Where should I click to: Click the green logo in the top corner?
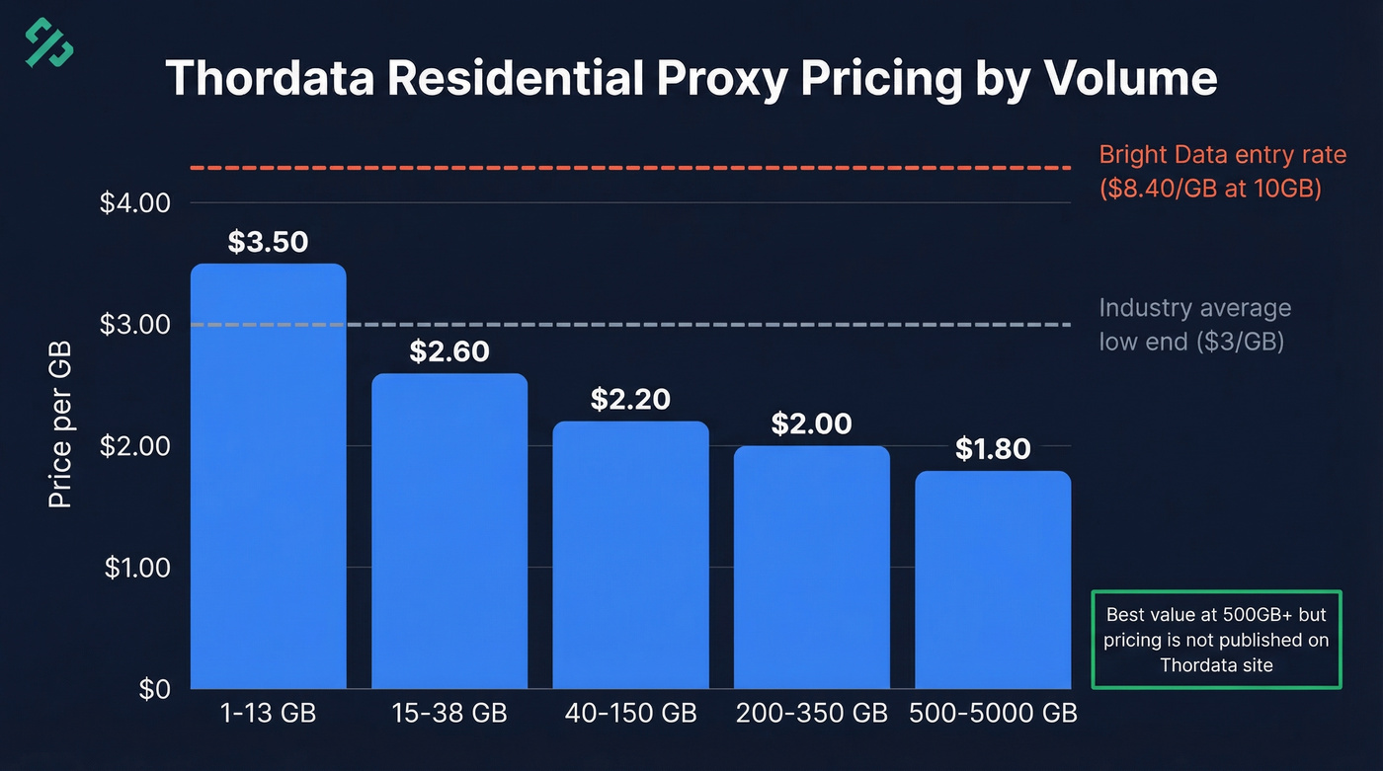tap(49, 42)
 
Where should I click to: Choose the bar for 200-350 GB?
tap(812, 568)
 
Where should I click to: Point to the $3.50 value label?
tap(268, 242)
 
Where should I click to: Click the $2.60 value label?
tap(449, 351)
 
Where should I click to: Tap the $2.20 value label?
tap(630, 400)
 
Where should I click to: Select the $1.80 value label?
tap(993, 449)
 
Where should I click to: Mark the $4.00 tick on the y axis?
tap(135, 203)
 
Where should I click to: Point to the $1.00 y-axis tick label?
tap(135, 568)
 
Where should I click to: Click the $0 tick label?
tap(152, 689)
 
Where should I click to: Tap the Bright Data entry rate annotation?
tap(1222, 171)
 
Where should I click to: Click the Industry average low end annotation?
tap(1194, 325)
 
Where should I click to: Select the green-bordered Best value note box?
tap(1216, 640)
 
